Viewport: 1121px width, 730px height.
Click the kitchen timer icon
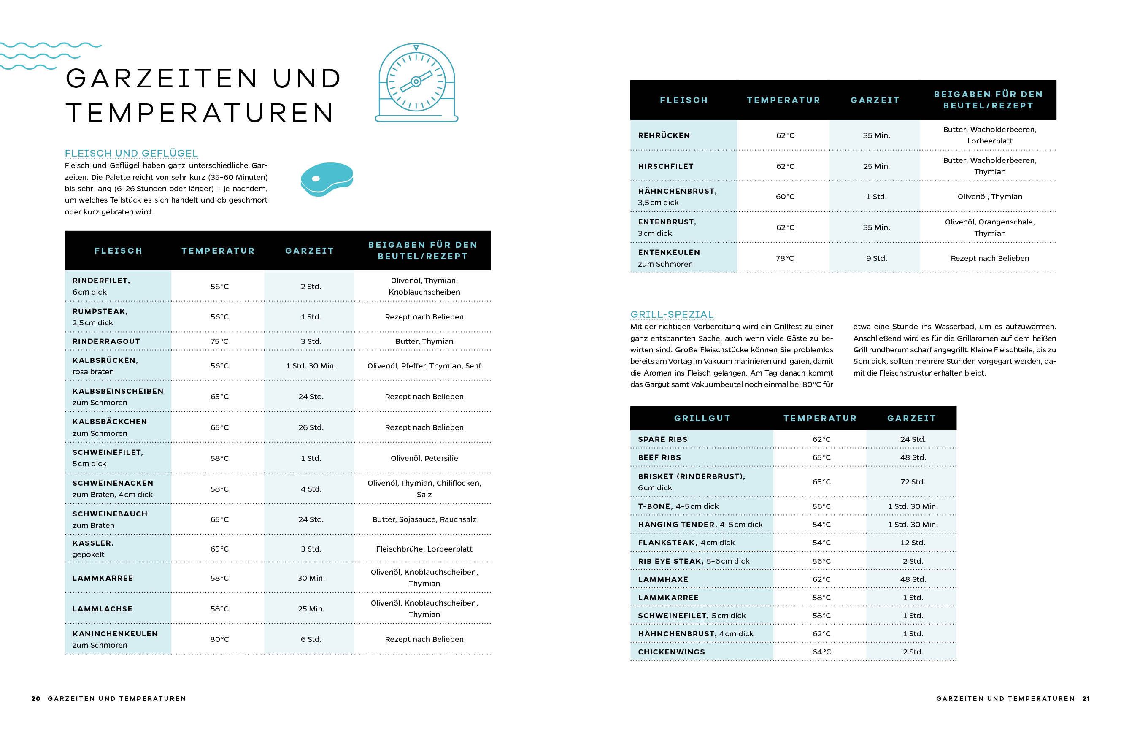[x=416, y=83]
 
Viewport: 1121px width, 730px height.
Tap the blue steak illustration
[x=327, y=179]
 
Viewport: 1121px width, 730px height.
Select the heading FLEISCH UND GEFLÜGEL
[x=131, y=153]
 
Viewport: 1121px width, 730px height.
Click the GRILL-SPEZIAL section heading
[x=672, y=314]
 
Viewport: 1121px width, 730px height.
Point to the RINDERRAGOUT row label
[x=106, y=341]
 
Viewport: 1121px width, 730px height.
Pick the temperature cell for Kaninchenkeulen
[x=219, y=639]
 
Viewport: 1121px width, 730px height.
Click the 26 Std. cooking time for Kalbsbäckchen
[x=311, y=427]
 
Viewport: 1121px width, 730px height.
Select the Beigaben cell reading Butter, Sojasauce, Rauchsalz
[x=424, y=519]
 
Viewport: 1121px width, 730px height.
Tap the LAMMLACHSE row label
[x=102, y=608]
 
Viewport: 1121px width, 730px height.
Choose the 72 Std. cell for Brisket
[x=912, y=481]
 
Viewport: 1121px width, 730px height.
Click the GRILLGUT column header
[x=702, y=418]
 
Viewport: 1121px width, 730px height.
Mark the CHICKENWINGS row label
[x=671, y=652]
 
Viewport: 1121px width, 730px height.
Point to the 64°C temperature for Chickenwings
[x=821, y=652]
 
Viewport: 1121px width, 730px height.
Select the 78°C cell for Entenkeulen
[x=784, y=258]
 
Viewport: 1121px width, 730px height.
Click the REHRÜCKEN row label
[x=664, y=135]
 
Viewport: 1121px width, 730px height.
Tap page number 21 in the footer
[x=1086, y=698]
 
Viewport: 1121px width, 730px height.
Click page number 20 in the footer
[x=36, y=698]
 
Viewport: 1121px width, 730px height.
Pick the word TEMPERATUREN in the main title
[x=200, y=113]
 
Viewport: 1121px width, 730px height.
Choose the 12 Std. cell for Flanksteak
[x=912, y=543]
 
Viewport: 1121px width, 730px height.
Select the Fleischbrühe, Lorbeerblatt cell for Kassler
[x=424, y=549]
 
